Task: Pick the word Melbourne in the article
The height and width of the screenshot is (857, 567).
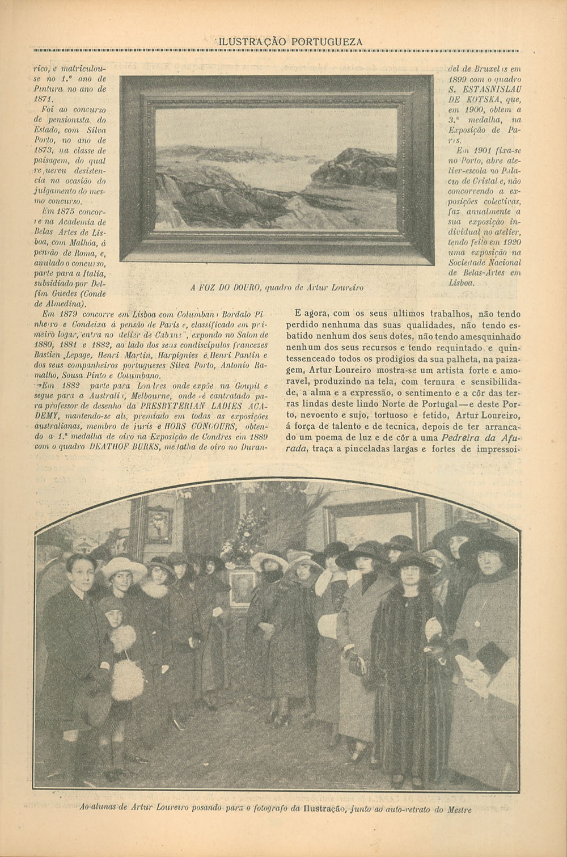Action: pyautogui.click(x=156, y=396)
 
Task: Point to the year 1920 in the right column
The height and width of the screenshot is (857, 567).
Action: pyautogui.click(x=510, y=242)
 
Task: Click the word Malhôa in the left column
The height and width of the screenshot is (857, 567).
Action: pyautogui.click(x=75, y=242)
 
